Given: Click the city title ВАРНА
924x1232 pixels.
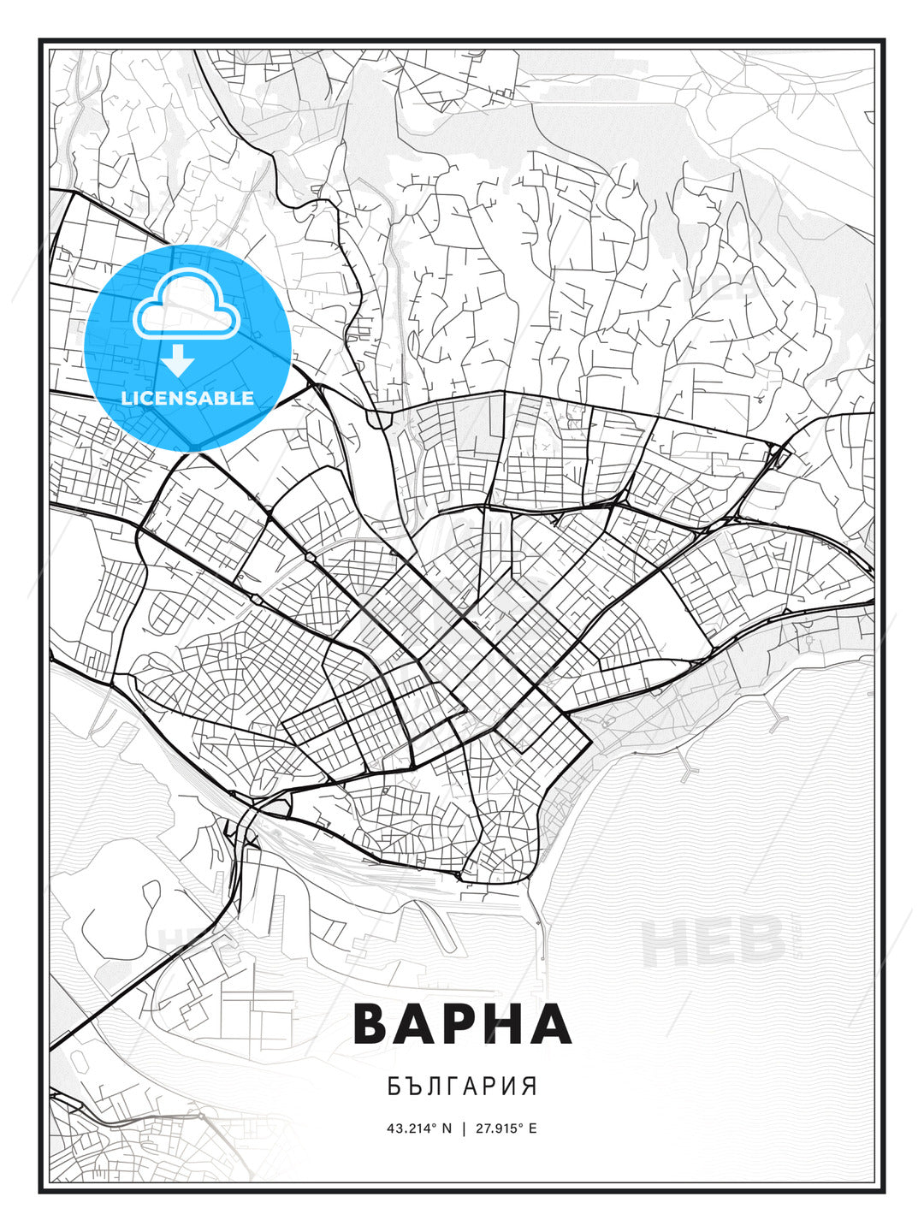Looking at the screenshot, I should click(462, 1023).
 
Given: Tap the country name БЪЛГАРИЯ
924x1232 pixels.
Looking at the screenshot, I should click(462, 1087).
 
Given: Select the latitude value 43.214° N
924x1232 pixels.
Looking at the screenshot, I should click(418, 1128).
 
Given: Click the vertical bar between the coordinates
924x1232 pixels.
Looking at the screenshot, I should click(463, 1128).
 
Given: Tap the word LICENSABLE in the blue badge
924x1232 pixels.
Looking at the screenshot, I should click(187, 398).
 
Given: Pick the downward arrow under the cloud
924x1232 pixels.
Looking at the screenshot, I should click(178, 361).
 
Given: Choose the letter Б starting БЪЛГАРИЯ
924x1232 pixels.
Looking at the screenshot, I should click(393, 1087).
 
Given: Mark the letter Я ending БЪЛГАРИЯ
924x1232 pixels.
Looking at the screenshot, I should click(530, 1087).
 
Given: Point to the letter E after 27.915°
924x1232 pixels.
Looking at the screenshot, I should click(533, 1128).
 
